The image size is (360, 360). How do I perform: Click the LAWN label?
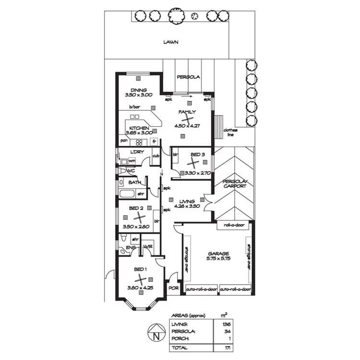click(x=170, y=42)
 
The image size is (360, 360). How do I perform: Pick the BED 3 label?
click(x=197, y=155)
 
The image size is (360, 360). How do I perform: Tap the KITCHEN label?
click(x=139, y=128)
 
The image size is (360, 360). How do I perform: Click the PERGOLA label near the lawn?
click(x=188, y=77)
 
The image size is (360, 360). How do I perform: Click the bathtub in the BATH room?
click(x=127, y=194)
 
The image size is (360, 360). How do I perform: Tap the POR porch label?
click(x=173, y=288)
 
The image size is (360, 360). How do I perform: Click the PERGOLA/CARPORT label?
click(x=235, y=183)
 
